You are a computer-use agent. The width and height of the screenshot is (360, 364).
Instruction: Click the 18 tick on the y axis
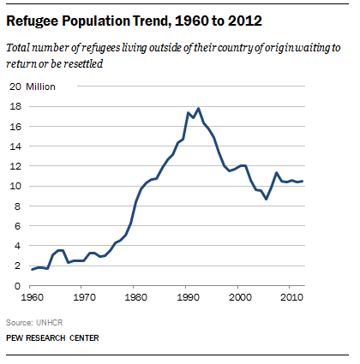coord(15,106)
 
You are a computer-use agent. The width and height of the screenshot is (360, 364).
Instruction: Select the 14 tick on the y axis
coord(15,146)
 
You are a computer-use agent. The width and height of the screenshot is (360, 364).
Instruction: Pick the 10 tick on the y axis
coord(15,186)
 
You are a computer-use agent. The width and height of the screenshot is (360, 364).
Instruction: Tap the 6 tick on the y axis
coord(18,226)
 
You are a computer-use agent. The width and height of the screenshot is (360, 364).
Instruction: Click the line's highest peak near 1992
coord(199,109)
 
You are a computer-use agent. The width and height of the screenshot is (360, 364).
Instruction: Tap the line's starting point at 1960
coord(33,270)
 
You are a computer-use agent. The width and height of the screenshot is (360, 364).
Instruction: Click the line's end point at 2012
coord(302,181)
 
